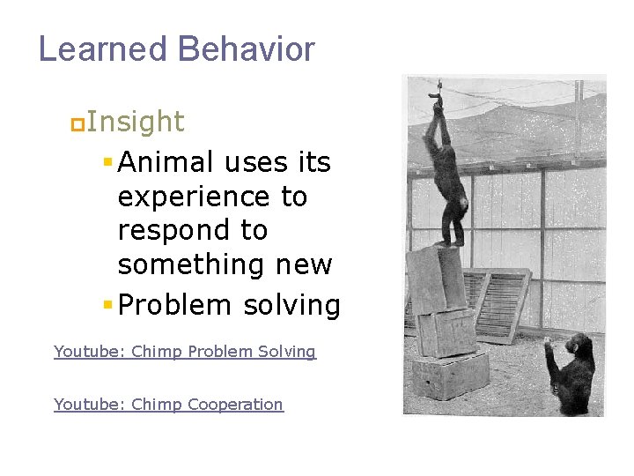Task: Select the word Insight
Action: pos(136,122)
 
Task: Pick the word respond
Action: pos(166,231)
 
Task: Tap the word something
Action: pos(185,264)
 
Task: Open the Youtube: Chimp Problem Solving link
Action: pos(184,352)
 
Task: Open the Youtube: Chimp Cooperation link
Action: pos(168,405)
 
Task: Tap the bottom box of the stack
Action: pos(450,376)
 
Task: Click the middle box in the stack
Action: pos(446,330)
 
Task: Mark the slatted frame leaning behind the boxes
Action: pos(498,303)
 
